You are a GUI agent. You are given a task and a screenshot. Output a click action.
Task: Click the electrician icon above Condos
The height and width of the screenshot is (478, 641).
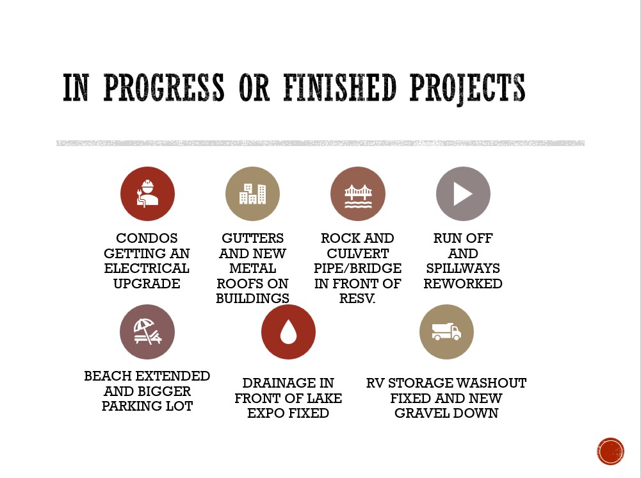(x=147, y=194)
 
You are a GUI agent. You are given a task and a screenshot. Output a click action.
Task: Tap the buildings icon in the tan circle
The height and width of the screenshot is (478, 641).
(x=253, y=194)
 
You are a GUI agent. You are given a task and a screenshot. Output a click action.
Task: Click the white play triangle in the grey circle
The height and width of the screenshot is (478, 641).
(x=463, y=194)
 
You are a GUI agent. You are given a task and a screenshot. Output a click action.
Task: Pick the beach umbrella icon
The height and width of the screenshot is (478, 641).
(x=147, y=332)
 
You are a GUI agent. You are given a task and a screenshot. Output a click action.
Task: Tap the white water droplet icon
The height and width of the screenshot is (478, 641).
(x=288, y=332)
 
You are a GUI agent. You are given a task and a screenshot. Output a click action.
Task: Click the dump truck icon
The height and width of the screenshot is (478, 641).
(x=446, y=332)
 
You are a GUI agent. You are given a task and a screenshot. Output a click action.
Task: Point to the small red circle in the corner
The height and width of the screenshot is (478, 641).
(x=610, y=452)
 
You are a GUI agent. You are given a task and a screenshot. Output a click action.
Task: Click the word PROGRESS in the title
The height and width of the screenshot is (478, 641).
(x=164, y=88)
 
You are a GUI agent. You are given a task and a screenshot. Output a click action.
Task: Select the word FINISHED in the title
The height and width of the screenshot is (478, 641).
(x=340, y=88)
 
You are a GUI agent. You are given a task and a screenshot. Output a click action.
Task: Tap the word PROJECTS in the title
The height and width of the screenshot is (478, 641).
(x=467, y=88)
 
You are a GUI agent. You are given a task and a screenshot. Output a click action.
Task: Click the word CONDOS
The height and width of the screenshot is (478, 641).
(x=147, y=238)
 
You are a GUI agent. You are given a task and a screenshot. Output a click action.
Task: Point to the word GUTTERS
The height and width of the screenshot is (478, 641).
(x=253, y=238)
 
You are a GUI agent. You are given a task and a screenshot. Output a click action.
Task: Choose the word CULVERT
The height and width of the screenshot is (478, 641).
(x=358, y=254)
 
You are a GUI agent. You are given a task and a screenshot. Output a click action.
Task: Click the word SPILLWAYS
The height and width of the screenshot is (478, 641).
(x=463, y=268)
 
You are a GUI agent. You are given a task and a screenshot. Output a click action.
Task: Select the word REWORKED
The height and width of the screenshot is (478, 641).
(x=463, y=283)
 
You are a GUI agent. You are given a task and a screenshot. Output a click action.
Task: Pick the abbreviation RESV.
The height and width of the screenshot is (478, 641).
(x=357, y=299)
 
